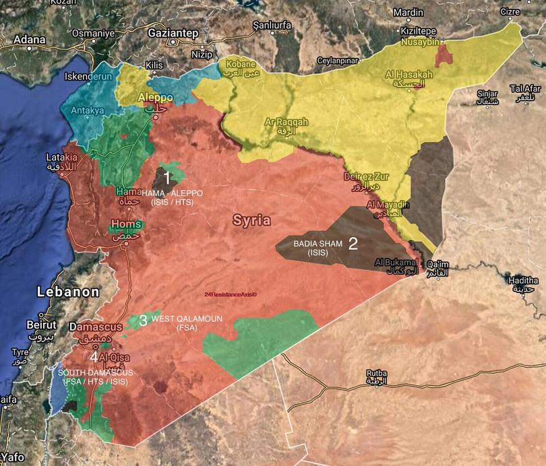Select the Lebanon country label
tap(67, 292)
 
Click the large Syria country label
tap(251, 220)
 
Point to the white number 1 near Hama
tap(167, 178)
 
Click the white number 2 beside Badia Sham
tap(353, 243)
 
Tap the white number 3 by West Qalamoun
tap(143, 321)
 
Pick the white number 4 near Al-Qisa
tap(94, 357)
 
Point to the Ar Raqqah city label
tap(286, 122)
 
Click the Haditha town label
tap(524, 280)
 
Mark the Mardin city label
tap(408, 12)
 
